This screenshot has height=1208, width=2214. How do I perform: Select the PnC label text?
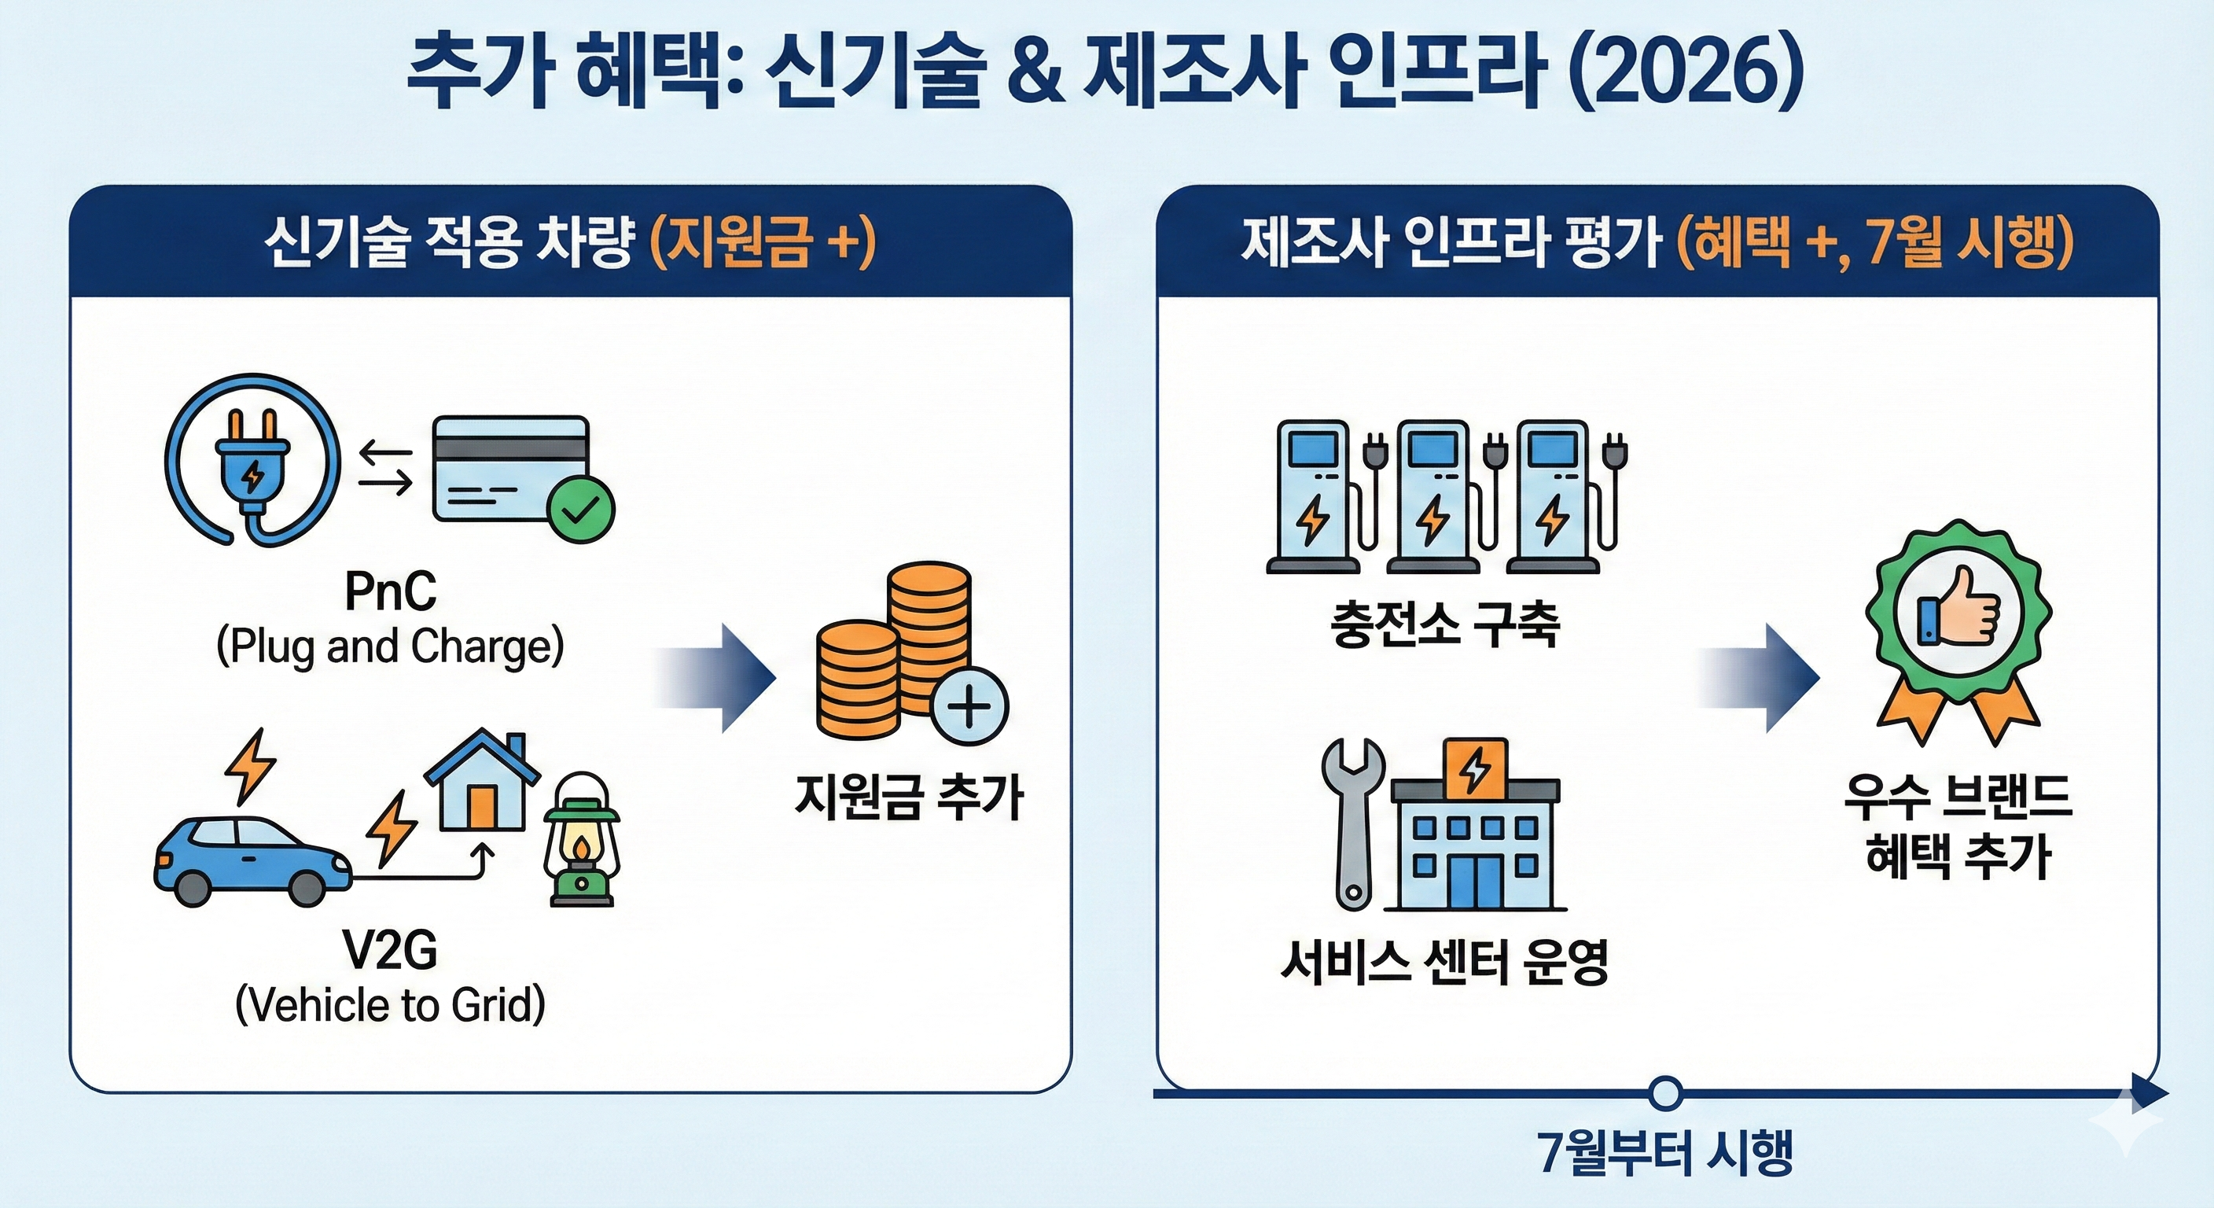390,591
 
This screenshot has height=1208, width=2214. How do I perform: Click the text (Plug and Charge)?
390,646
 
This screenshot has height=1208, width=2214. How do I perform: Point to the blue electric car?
252,860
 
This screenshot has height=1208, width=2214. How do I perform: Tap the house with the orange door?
481,783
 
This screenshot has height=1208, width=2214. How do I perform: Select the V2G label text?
390,951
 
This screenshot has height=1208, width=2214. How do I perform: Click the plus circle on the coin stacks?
969,706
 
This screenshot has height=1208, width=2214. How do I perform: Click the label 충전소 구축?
1445,624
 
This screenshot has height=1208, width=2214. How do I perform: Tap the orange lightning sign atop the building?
1475,768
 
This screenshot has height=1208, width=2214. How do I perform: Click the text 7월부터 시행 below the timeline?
1666,1152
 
